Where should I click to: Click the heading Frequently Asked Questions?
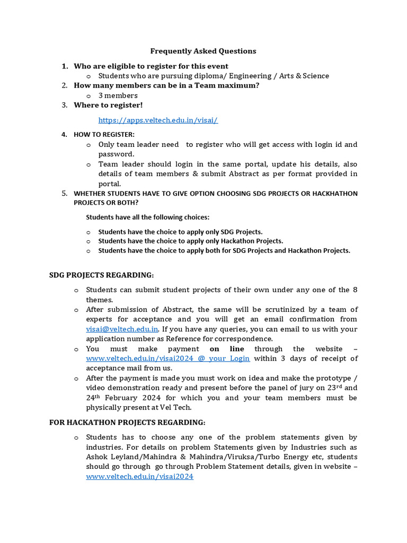click(203, 51)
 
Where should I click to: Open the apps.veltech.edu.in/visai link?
click(158, 120)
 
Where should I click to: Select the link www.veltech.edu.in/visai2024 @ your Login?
click(167, 358)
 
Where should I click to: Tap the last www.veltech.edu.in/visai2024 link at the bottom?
click(139, 477)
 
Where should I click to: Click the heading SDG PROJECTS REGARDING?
click(101, 275)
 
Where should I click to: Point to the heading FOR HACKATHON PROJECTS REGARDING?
click(127, 422)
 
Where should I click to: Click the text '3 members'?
click(118, 95)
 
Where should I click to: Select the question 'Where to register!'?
click(108, 105)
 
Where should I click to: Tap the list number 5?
click(65, 194)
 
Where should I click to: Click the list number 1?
click(65, 66)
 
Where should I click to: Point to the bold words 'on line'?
click(227, 349)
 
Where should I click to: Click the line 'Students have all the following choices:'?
click(147, 217)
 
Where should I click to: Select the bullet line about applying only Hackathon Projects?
click(190, 241)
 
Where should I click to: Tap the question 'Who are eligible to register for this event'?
click(151, 66)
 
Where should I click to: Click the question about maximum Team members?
click(166, 85)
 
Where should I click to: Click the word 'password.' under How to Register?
click(112, 154)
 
